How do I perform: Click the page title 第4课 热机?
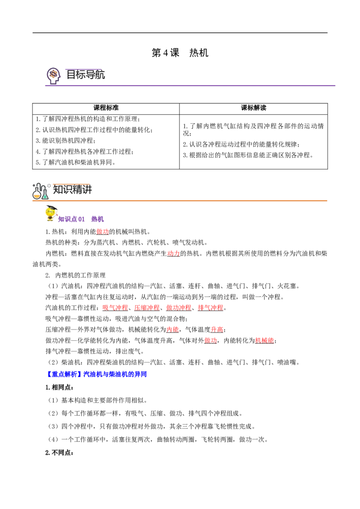point(180,53)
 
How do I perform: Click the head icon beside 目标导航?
point(54,76)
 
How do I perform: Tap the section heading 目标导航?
point(86,75)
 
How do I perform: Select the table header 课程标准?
point(106,108)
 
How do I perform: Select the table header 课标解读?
point(253,108)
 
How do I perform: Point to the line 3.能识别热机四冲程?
point(65,141)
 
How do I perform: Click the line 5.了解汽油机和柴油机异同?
point(76,162)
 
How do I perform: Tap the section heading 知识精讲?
point(72,189)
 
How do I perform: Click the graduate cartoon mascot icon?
point(51,213)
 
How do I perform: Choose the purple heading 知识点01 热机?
point(81,219)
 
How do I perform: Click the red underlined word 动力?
point(173,254)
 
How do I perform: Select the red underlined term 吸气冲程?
point(115,308)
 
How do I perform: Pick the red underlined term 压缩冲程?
point(147,308)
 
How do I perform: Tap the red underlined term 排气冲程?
point(211,308)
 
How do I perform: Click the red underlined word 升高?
point(217,330)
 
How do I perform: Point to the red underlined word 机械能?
point(265,340)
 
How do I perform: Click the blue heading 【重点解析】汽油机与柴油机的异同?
point(96,374)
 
